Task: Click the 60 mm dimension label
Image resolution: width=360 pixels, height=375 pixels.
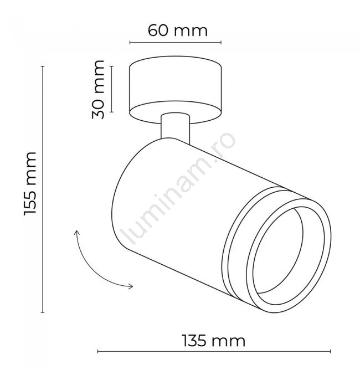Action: (x=177, y=30)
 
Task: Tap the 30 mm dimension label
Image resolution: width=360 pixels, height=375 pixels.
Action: (x=98, y=90)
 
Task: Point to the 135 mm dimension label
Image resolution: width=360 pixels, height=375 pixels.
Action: (x=214, y=341)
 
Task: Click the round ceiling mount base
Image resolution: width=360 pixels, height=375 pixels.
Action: (x=176, y=90)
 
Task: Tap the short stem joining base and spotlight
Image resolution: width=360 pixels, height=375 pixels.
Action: (x=176, y=129)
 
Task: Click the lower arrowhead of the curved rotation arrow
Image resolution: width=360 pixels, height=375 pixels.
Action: (x=130, y=286)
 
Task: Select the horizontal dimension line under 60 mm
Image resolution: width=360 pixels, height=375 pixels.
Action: (x=176, y=43)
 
